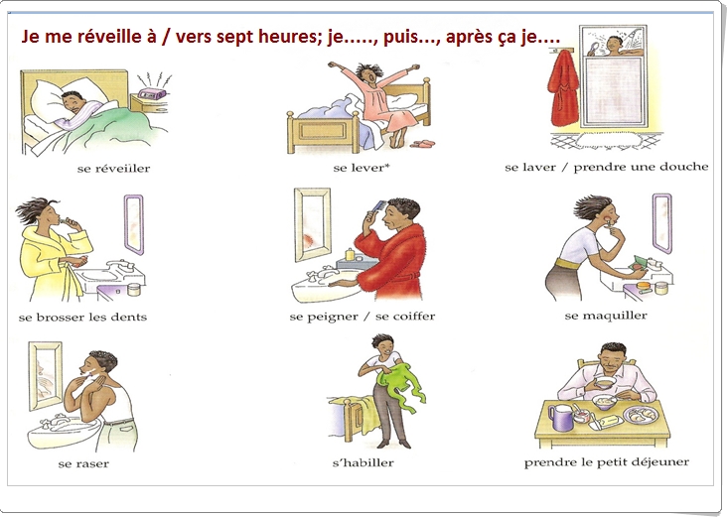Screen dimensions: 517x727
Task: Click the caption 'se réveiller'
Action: [113, 168]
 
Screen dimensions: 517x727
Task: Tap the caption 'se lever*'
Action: [361, 168]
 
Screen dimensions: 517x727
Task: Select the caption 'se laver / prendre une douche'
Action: [606, 167]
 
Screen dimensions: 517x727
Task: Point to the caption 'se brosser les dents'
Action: [82, 317]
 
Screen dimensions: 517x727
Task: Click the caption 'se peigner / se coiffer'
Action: [362, 317]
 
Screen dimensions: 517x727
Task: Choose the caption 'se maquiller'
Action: [606, 316]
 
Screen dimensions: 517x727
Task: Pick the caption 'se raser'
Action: [83, 463]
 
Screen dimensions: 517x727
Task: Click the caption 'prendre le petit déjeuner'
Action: [606, 461]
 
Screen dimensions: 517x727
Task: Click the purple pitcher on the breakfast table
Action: [562, 417]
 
